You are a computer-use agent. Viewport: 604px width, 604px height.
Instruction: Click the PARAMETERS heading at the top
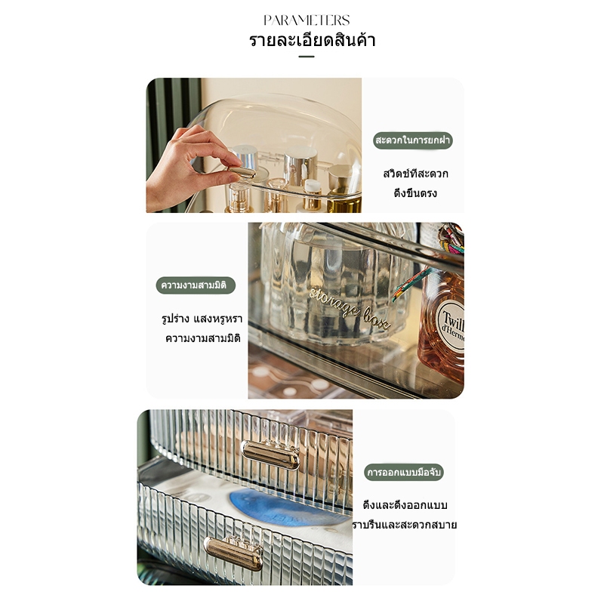point(307,20)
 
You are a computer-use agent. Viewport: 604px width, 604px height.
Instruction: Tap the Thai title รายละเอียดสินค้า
point(312,40)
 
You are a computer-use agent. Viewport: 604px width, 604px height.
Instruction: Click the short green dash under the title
point(307,57)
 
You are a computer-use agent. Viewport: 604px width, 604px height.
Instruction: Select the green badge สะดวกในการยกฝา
point(413,140)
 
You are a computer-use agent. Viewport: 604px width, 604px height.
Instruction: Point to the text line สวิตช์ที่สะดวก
point(416,174)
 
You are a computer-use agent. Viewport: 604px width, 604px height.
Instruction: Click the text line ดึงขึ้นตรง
point(415,193)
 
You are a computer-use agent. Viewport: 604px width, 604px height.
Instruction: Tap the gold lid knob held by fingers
point(241,172)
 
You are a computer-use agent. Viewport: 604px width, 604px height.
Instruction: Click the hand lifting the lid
point(189,168)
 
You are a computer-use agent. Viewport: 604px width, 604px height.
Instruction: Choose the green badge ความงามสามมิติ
point(196,285)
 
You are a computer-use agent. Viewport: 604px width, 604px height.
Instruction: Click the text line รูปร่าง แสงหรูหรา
point(202,319)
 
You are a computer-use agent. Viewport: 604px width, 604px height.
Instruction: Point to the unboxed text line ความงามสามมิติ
point(203,338)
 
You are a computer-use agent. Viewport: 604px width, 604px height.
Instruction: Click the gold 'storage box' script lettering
point(349,308)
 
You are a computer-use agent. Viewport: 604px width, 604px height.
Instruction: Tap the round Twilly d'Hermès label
point(451,325)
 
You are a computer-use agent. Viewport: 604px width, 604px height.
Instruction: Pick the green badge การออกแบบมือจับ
point(404,473)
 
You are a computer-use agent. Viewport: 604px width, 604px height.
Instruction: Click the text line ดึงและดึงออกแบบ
point(405,505)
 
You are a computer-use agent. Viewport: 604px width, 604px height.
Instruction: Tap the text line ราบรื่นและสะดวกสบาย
point(405,525)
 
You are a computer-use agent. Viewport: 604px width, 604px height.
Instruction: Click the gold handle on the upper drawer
point(270,455)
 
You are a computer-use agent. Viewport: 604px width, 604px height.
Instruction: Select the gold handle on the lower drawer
point(234,553)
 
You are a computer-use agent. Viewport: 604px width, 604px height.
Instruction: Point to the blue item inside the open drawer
point(287,508)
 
